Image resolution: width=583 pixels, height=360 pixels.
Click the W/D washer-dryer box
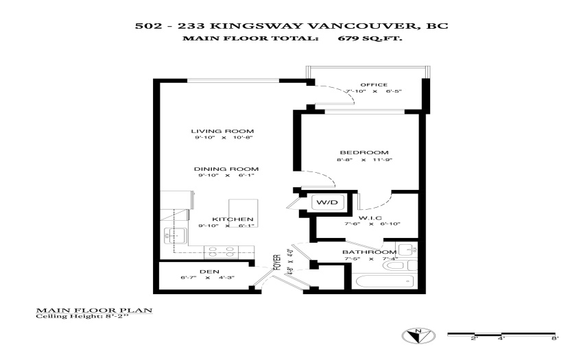pyautogui.click(x=327, y=203)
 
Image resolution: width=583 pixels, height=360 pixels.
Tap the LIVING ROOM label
pyautogui.click(x=222, y=131)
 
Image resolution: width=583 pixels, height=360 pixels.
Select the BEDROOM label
pyautogui.click(x=364, y=152)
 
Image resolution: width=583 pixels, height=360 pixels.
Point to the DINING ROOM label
pyautogui.click(x=226, y=169)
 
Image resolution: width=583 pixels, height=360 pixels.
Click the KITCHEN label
pyautogui.click(x=233, y=219)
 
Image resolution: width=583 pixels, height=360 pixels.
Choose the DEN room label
pyautogui.click(x=209, y=272)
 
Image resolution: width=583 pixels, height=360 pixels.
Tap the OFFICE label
pyautogui.click(x=374, y=84)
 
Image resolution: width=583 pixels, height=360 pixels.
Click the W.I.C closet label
pyautogui.click(x=370, y=218)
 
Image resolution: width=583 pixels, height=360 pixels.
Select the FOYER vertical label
pyautogui.click(x=277, y=263)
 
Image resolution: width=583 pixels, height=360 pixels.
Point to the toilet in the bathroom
pyautogui.click(x=400, y=265)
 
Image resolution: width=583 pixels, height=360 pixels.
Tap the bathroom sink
pyautogui.click(x=407, y=250)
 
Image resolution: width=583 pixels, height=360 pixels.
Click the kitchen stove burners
pyautogui.click(x=222, y=252)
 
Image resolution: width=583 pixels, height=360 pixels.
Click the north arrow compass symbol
pyautogui.click(x=418, y=336)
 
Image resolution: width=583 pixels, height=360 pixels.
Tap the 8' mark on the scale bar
pyautogui.click(x=555, y=338)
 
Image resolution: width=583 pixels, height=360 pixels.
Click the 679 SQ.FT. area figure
pyautogui.click(x=370, y=38)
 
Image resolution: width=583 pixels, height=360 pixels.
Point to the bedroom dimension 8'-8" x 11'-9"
pyautogui.click(x=365, y=160)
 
